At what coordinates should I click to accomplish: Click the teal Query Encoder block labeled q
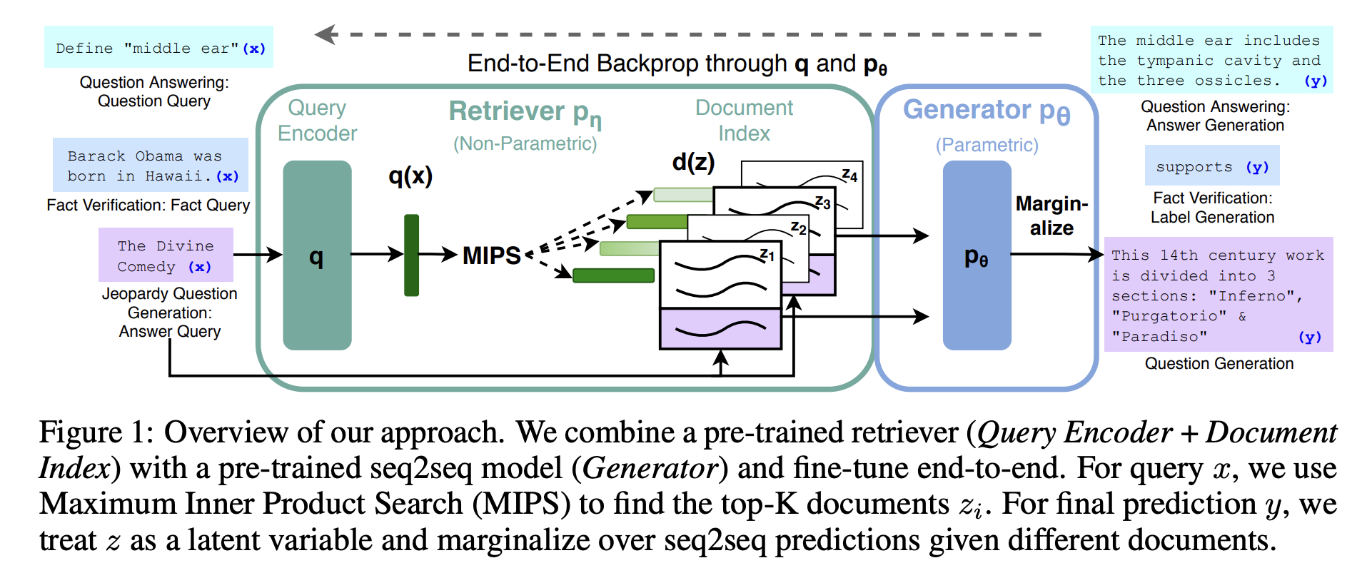[317, 255]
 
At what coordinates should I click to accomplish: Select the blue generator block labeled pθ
[977, 255]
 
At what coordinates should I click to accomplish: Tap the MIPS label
[491, 255]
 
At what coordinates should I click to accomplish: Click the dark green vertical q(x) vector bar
[411, 255]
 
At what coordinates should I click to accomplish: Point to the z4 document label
[849, 175]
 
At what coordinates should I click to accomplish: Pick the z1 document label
[767, 255]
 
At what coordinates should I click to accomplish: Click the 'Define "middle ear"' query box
[158, 47]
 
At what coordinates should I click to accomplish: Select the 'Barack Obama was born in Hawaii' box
[151, 165]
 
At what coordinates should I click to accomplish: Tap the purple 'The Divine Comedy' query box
[166, 255]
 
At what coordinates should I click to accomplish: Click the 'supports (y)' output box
[1212, 166]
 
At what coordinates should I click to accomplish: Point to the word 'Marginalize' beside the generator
[1051, 216]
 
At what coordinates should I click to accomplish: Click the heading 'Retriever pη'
[525, 113]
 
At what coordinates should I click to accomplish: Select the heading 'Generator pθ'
[987, 111]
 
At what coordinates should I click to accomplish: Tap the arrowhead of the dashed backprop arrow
[325, 34]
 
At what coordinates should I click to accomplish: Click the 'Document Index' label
[744, 121]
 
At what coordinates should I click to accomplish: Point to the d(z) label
[693, 162]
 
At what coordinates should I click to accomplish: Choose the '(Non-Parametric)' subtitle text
[525, 143]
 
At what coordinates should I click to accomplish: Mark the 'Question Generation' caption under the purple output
[1219, 363]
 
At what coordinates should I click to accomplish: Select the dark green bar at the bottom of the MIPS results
[613, 275]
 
